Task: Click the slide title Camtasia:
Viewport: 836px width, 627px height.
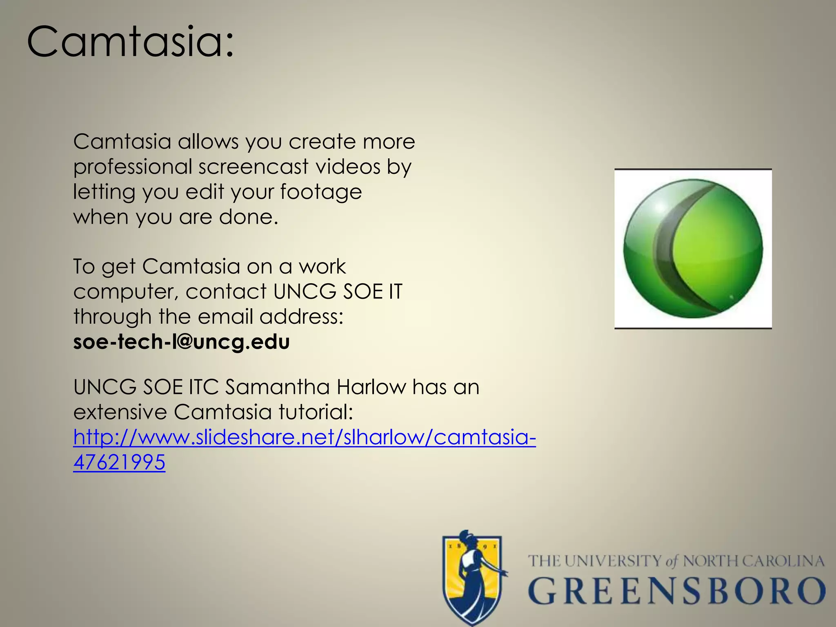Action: [131, 42]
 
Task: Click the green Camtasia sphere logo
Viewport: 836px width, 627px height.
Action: [693, 248]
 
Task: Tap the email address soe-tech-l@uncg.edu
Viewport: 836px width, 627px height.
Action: [181, 342]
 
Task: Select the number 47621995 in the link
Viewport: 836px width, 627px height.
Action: [119, 462]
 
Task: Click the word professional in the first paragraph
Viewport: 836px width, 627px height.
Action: [133, 167]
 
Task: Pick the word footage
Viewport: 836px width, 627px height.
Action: [321, 192]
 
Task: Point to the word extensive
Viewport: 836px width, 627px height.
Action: [120, 412]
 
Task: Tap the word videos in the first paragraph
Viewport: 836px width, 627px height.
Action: [348, 167]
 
